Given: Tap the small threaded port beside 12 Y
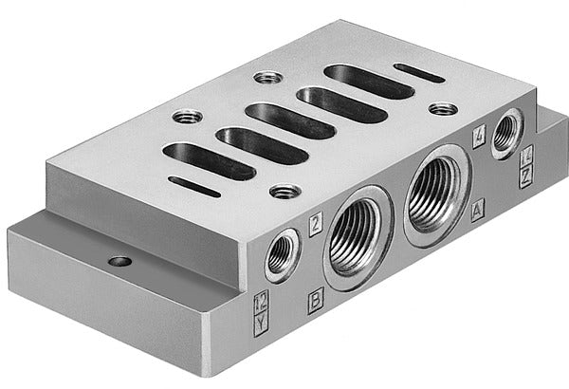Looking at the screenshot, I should tap(283, 252).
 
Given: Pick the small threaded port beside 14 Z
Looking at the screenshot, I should tap(505, 132).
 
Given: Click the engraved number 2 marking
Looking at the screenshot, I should tap(315, 223).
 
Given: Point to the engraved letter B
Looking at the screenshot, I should tap(315, 305).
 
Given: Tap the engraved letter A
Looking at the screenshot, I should tap(477, 205).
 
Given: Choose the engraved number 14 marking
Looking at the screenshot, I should tap(526, 152).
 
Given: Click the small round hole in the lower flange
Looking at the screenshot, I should tap(119, 260).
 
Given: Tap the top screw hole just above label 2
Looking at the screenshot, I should tap(283, 192).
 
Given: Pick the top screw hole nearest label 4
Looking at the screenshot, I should tap(441, 108).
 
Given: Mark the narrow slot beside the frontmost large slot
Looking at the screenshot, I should tap(193, 187).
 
